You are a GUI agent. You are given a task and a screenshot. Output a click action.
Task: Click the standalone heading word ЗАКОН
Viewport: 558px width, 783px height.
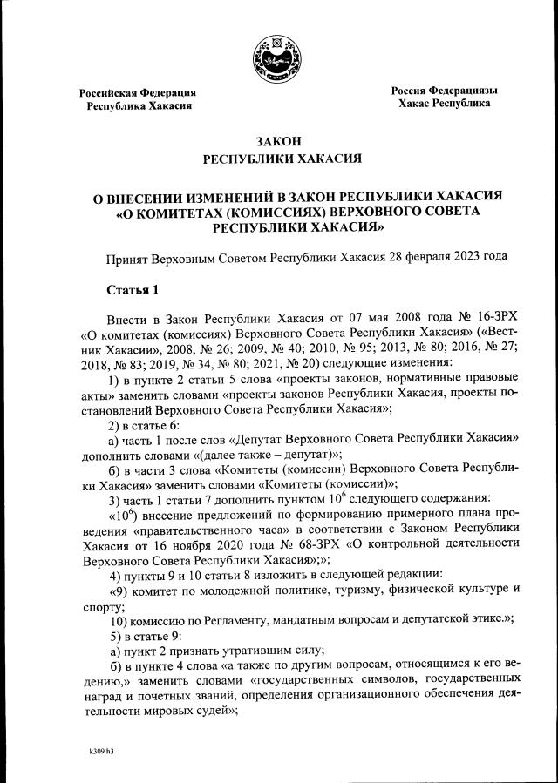pos(279,141)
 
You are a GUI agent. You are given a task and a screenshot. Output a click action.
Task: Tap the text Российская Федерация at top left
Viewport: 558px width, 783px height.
pos(138,92)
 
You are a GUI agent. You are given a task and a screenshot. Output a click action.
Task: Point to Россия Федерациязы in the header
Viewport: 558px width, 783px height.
pos(444,90)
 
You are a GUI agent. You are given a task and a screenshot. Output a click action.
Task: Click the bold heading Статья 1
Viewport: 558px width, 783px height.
pos(133,289)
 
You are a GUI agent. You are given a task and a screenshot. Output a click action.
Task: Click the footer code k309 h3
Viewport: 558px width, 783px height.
pos(101,751)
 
